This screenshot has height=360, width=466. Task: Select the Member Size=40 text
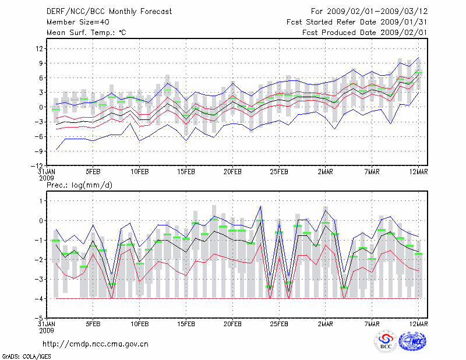coord(77,22)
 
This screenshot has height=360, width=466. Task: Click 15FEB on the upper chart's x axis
coord(185,172)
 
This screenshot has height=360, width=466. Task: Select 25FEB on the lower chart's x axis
coord(278,324)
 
